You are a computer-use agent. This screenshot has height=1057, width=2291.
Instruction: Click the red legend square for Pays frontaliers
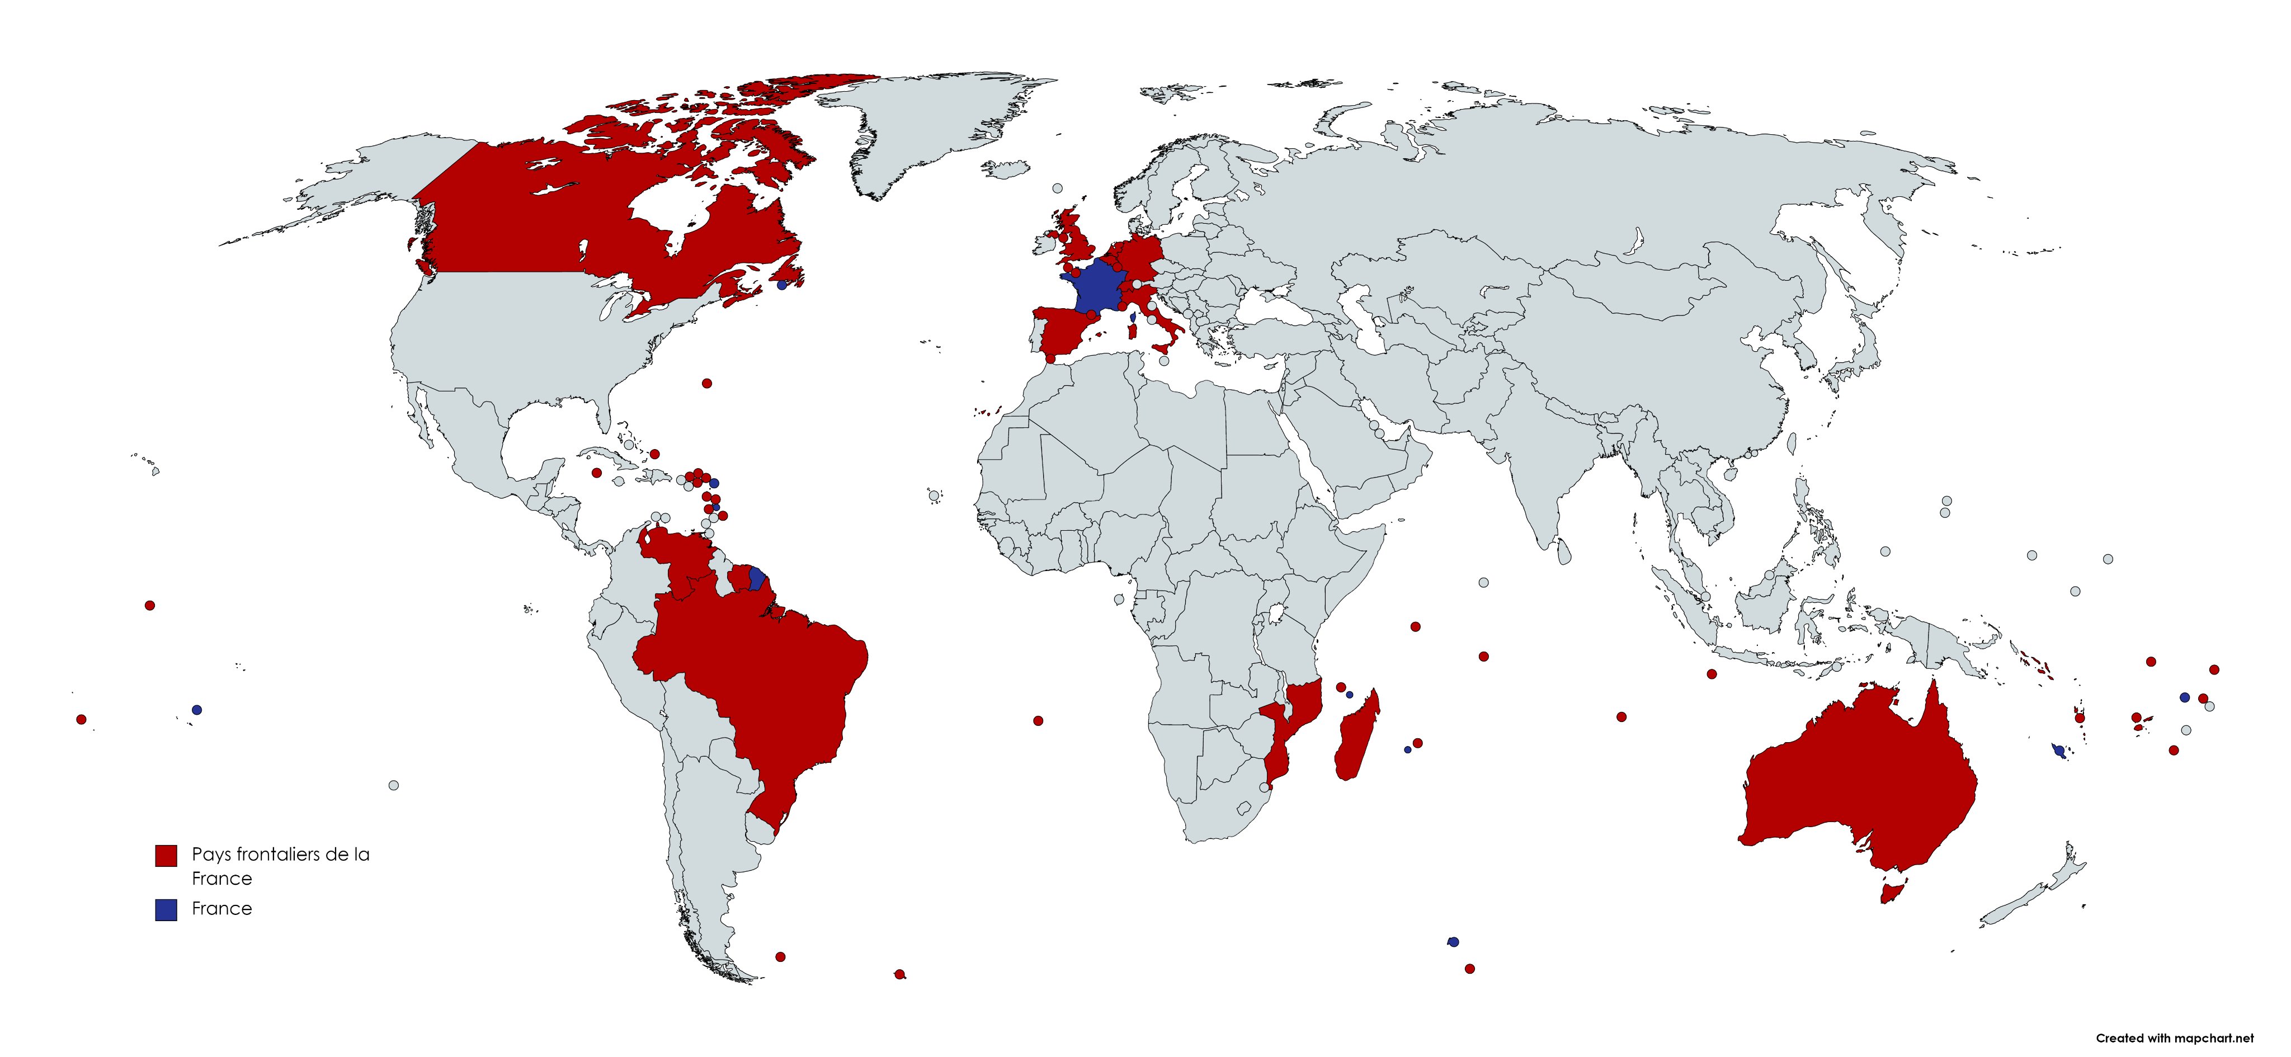(x=166, y=855)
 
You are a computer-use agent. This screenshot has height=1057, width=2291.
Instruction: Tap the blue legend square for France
(x=166, y=909)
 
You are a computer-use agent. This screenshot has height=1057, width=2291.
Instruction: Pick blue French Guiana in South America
(x=757, y=579)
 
